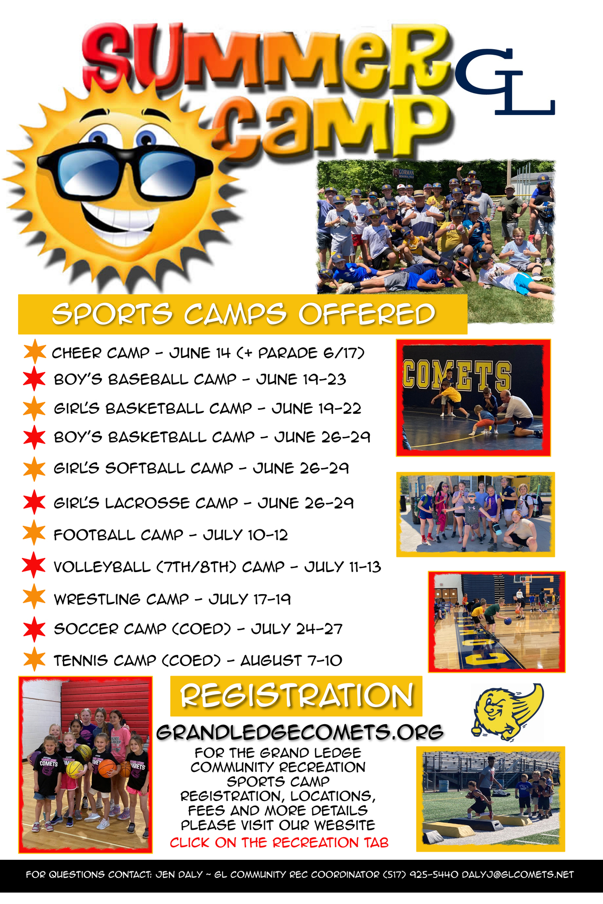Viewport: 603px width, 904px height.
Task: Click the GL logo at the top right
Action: coord(505,81)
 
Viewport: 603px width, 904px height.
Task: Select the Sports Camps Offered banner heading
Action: coord(243,314)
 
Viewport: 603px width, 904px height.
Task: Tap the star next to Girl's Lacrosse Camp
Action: coord(34,502)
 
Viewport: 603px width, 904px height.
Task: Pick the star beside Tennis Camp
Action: coord(34,659)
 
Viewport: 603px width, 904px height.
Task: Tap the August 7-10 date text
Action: coord(291,660)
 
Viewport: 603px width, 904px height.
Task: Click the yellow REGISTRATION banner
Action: coord(296,696)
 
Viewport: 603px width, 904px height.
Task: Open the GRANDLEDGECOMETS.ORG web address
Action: coord(300,732)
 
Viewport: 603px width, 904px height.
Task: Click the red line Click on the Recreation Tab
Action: coord(279,842)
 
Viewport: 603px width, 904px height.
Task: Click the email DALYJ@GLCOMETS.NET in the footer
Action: coord(518,874)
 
